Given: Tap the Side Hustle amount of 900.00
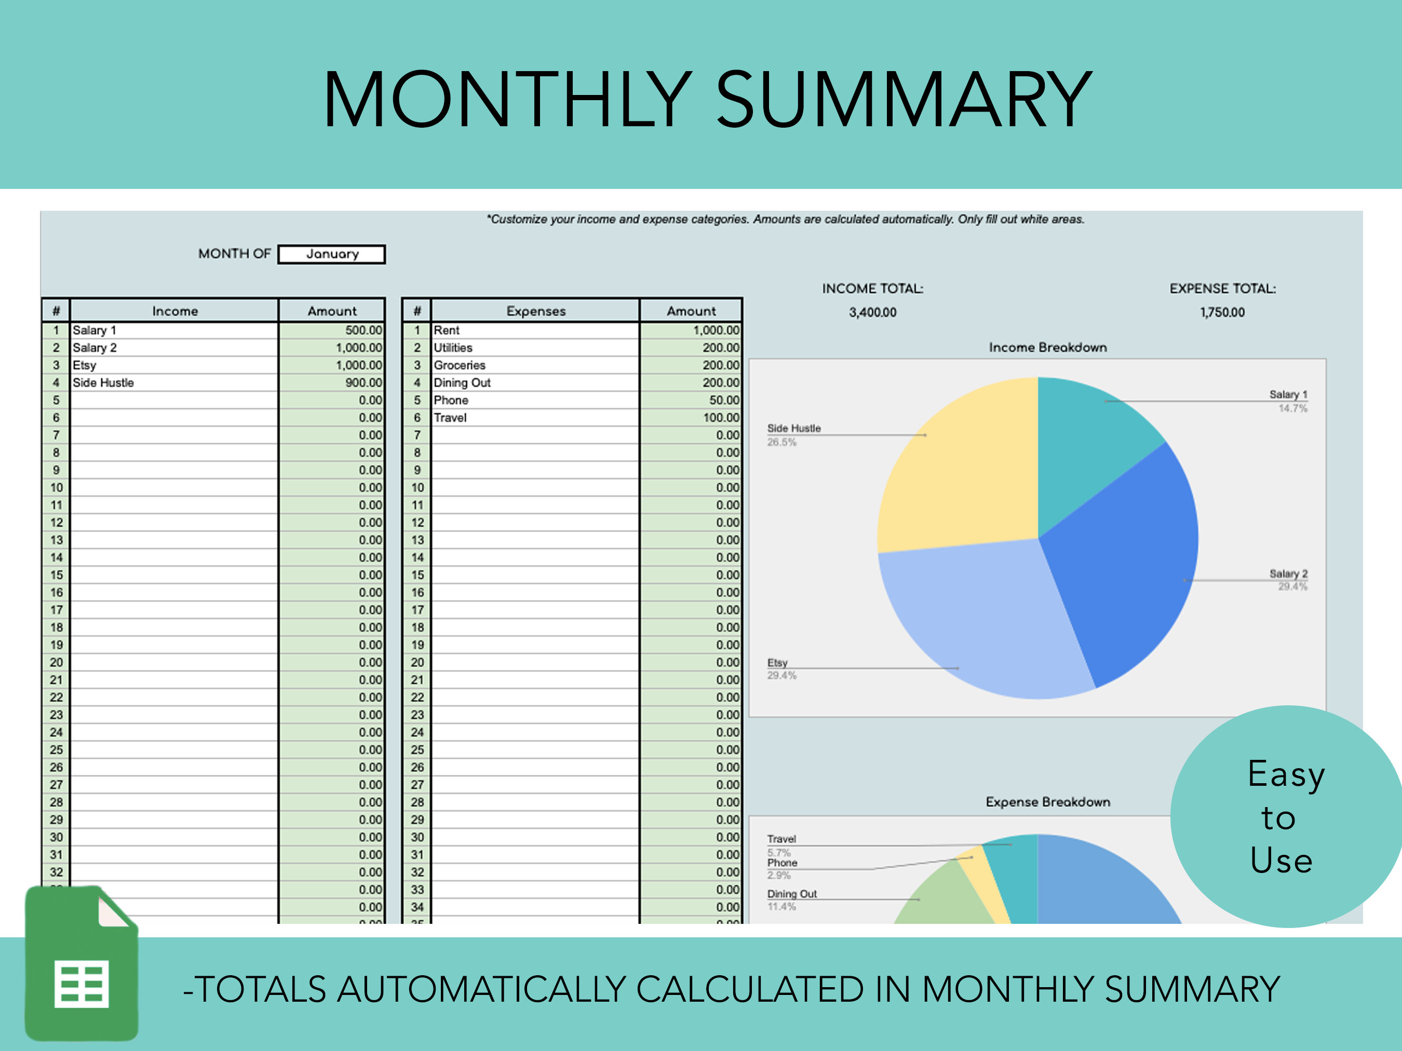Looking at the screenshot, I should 332,383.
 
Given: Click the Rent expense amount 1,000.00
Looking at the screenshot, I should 691,330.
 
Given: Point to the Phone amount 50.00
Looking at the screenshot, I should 691,400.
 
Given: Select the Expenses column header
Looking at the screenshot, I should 535,311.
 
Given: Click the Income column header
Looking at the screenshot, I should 175,311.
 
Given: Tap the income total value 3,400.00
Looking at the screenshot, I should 873,312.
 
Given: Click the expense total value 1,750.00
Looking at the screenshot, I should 1222,312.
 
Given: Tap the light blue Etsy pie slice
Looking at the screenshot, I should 989,621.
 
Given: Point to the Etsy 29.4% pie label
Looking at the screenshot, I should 781,669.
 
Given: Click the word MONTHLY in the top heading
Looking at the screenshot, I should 507,100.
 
